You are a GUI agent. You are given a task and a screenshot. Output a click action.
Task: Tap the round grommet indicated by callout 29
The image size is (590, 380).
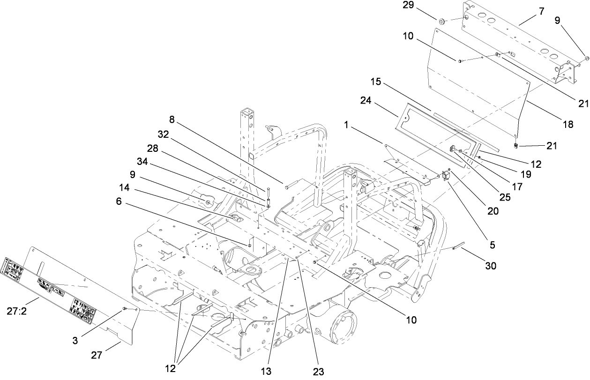pos(441,22)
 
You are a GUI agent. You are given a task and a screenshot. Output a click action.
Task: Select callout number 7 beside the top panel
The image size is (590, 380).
pos(542,11)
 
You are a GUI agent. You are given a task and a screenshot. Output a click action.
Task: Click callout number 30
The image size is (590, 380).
pos(491,266)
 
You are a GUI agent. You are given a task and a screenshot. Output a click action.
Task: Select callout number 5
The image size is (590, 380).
pos(493,244)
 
